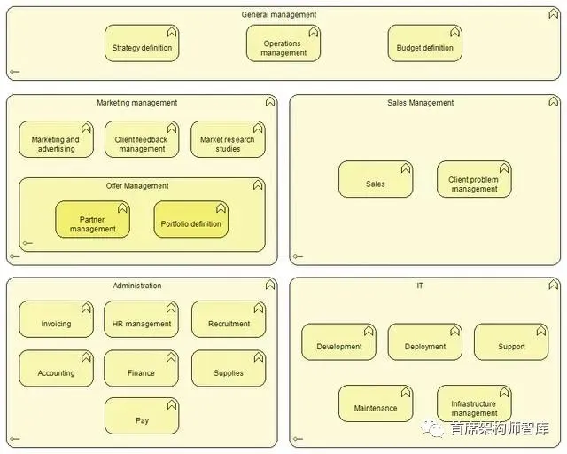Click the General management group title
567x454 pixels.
coord(279,14)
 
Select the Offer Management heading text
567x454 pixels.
coord(137,186)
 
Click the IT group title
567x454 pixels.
coord(421,286)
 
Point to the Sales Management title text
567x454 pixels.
coord(421,103)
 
